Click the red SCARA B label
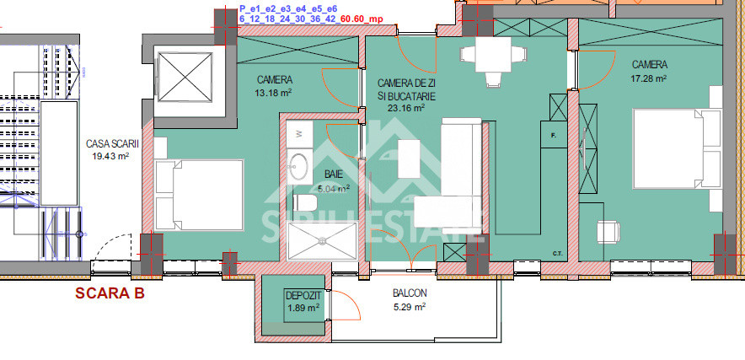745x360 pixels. [x=110, y=293]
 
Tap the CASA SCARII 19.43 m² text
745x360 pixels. [x=112, y=149]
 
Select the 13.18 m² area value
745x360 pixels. [x=274, y=93]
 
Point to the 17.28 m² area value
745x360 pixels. [x=650, y=78]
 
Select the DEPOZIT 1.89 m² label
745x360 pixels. [x=302, y=301]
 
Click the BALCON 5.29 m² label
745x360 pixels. [x=409, y=300]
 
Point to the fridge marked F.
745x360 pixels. [x=554, y=135]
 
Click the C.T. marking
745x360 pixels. [x=557, y=252]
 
